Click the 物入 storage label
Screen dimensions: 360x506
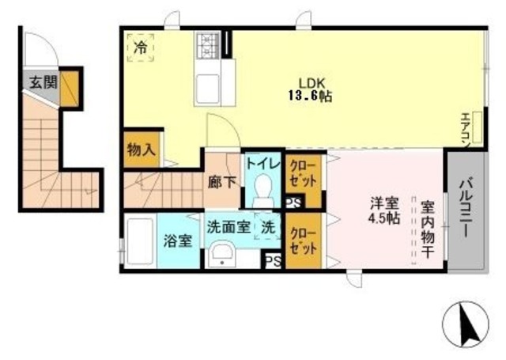click(x=141, y=148)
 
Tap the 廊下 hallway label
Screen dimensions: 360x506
click(x=221, y=180)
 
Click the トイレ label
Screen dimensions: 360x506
click(x=262, y=164)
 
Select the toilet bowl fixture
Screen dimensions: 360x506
click(x=264, y=190)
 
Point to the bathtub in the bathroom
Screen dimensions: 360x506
click(x=140, y=241)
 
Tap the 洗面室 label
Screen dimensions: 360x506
click(x=228, y=226)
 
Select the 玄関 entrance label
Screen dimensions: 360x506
click(x=40, y=81)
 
